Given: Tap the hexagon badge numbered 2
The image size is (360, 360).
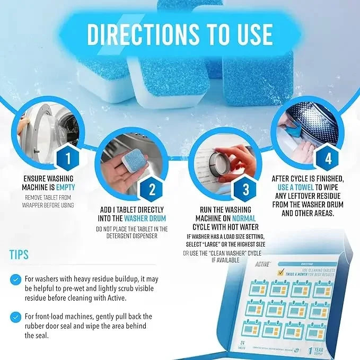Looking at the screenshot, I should [152, 189].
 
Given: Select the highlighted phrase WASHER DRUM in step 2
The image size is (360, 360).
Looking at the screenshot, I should [145, 218].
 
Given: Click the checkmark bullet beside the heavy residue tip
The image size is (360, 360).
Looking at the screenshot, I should [16, 279].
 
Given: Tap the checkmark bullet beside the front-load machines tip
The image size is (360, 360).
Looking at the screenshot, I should [16, 317].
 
